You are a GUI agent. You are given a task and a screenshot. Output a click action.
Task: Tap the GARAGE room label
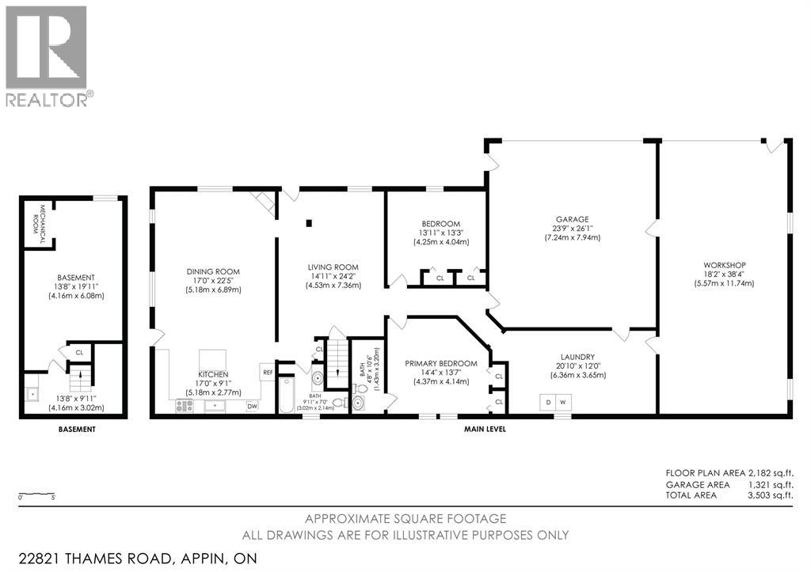click(571, 219)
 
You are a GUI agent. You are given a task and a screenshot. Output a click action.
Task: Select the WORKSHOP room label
click(724, 264)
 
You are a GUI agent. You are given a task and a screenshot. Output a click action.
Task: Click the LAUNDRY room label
click(575, 357)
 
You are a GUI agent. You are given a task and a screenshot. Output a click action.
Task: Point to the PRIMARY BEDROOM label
click(441, 363)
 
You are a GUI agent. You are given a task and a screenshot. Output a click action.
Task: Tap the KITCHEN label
click(213, 373)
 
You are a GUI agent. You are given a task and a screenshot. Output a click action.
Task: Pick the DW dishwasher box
click(252, 406)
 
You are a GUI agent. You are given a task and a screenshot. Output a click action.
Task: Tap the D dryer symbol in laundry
click(547, 401)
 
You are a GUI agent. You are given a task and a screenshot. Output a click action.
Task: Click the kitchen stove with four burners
click(184, 406)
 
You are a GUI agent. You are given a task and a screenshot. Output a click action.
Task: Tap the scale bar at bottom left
click(36, 495)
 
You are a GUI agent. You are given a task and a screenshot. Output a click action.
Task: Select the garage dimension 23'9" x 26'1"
click(571, 228)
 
